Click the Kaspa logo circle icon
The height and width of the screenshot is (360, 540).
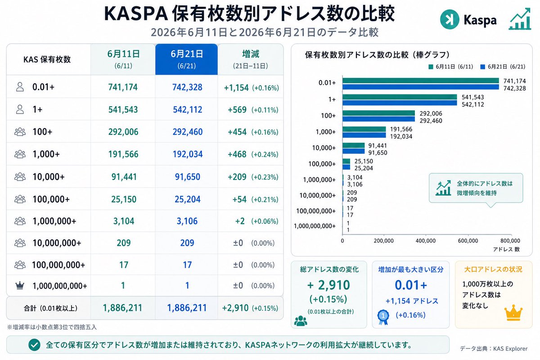point(450,19)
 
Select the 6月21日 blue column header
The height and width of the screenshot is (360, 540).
point(187,59)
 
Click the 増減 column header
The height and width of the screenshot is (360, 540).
point(251,59)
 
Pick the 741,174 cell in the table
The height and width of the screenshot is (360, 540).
point(123,87)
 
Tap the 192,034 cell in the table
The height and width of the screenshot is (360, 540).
point(188,154)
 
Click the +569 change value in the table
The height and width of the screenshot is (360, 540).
point(237,110)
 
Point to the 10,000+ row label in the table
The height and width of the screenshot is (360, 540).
point(49,177)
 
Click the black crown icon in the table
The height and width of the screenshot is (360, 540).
point(20,285)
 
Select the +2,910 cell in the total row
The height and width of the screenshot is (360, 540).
point(235,308)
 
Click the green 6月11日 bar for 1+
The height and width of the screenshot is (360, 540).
point(400,97)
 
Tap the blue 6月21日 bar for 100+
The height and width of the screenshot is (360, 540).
point(379,119)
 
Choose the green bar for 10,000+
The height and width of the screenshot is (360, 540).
point(354,145)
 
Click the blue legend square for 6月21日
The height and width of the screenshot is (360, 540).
point(482,67)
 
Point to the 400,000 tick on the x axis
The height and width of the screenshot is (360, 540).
point(426,241)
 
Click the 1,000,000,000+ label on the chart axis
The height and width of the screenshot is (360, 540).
point(315,226)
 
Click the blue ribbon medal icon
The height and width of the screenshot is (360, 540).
point(383,317)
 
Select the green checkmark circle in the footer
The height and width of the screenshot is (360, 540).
point(34,345)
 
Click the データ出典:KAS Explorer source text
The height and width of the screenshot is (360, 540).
point(494,349)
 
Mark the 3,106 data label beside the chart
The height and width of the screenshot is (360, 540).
point(355,184)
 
